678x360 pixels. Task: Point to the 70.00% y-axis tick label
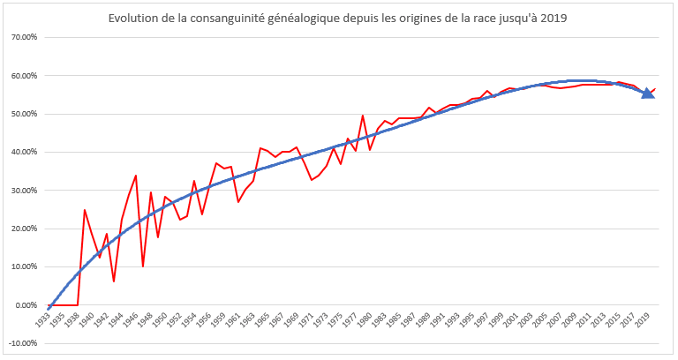[21, 38]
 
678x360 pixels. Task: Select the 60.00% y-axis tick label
[21, 76]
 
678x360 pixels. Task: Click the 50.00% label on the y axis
[21, 114]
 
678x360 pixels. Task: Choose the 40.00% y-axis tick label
[21, 153]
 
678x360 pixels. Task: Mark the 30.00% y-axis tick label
[21, 191]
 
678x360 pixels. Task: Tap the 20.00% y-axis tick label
[21, 229]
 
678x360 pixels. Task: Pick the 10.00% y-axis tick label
[21, 266]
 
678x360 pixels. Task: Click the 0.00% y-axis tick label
[23, 305]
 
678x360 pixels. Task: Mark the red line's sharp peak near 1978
[363, 116]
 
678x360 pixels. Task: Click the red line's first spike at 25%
[85, 210]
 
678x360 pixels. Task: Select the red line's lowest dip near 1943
[114, 281]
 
